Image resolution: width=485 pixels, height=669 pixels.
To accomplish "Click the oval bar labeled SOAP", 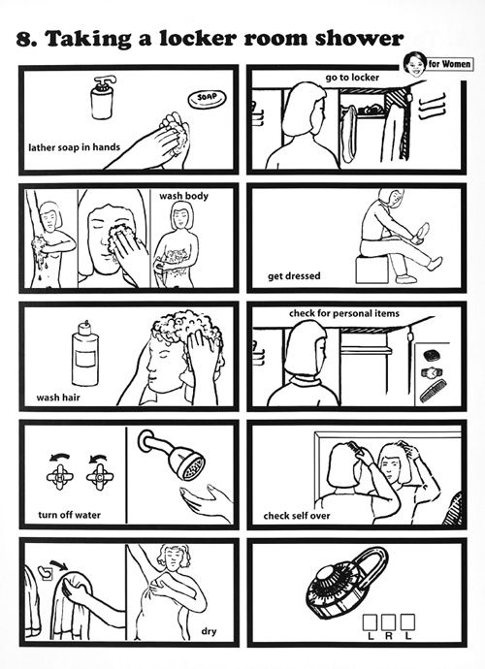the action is point(207,100).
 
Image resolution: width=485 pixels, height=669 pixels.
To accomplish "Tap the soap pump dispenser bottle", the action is point(103,98).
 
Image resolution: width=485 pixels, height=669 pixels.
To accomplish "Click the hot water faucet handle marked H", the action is point(59,476).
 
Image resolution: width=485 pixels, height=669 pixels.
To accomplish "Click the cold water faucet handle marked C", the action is point(100,476).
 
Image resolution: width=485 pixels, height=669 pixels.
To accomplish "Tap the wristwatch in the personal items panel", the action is point(432,372).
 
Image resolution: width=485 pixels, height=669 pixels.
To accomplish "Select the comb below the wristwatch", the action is point(433,391).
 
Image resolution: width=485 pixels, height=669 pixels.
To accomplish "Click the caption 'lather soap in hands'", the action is point(75,147).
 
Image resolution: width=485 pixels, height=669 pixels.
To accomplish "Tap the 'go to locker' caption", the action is point(352,78).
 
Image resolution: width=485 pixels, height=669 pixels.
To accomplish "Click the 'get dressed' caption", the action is point(294,276).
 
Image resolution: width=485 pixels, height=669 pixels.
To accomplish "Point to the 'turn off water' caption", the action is point(70,515).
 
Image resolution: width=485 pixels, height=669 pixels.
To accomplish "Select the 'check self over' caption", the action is point(297,516).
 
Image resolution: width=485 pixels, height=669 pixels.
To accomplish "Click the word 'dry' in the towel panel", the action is point(209,631).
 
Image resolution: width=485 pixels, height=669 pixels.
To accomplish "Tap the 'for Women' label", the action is point(449,64).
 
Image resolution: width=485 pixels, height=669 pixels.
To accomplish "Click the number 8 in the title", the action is point(24,39).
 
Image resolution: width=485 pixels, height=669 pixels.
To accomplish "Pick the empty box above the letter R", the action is point(389,622).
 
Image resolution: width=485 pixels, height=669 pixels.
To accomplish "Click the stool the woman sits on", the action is point(372,270).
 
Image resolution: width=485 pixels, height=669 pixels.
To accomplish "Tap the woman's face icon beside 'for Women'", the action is point(414,64).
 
